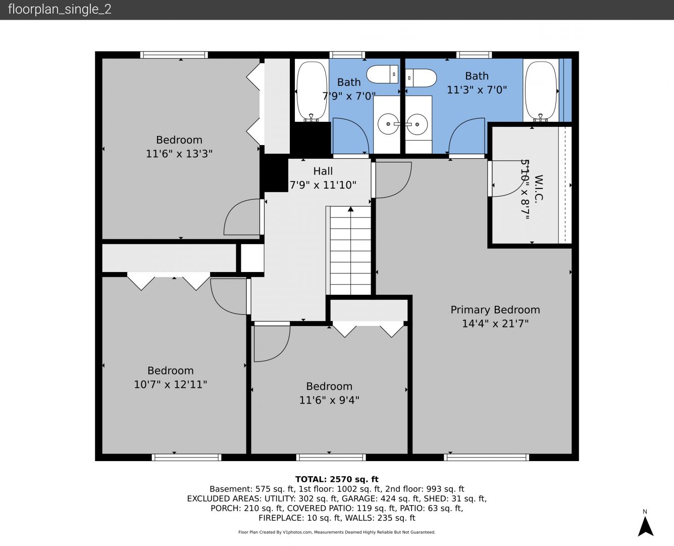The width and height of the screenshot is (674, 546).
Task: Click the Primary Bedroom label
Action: coord(495,310)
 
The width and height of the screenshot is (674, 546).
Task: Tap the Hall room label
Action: coord(323,171)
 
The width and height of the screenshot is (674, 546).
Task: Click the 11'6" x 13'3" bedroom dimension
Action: coord(179,154)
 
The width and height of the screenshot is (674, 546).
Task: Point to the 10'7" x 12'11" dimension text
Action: coord(171,384)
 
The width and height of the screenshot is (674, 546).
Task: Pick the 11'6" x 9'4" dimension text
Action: coord(329,400)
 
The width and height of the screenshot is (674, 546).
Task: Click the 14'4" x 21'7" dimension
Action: coord(495,324)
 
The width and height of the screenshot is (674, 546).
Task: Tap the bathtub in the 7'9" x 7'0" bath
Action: coord(312,90)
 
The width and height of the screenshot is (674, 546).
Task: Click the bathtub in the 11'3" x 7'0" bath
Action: coord(541,90)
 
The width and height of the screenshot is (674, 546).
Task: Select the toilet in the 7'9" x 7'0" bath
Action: coord(382,74)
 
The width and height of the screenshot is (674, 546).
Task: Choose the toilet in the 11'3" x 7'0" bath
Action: coord(421,78)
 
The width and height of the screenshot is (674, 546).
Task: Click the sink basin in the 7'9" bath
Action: coord(388,124)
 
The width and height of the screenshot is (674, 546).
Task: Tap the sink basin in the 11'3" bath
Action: coord(417,124)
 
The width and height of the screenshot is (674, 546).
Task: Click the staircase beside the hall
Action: coord(350,251)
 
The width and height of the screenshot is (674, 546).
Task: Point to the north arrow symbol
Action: coord(646,526)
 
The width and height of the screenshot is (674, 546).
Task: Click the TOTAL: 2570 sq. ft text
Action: coord(337,479)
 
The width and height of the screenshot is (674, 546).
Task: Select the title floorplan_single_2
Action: coord(60,10)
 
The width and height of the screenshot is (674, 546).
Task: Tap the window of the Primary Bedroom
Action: coord(486,457)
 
